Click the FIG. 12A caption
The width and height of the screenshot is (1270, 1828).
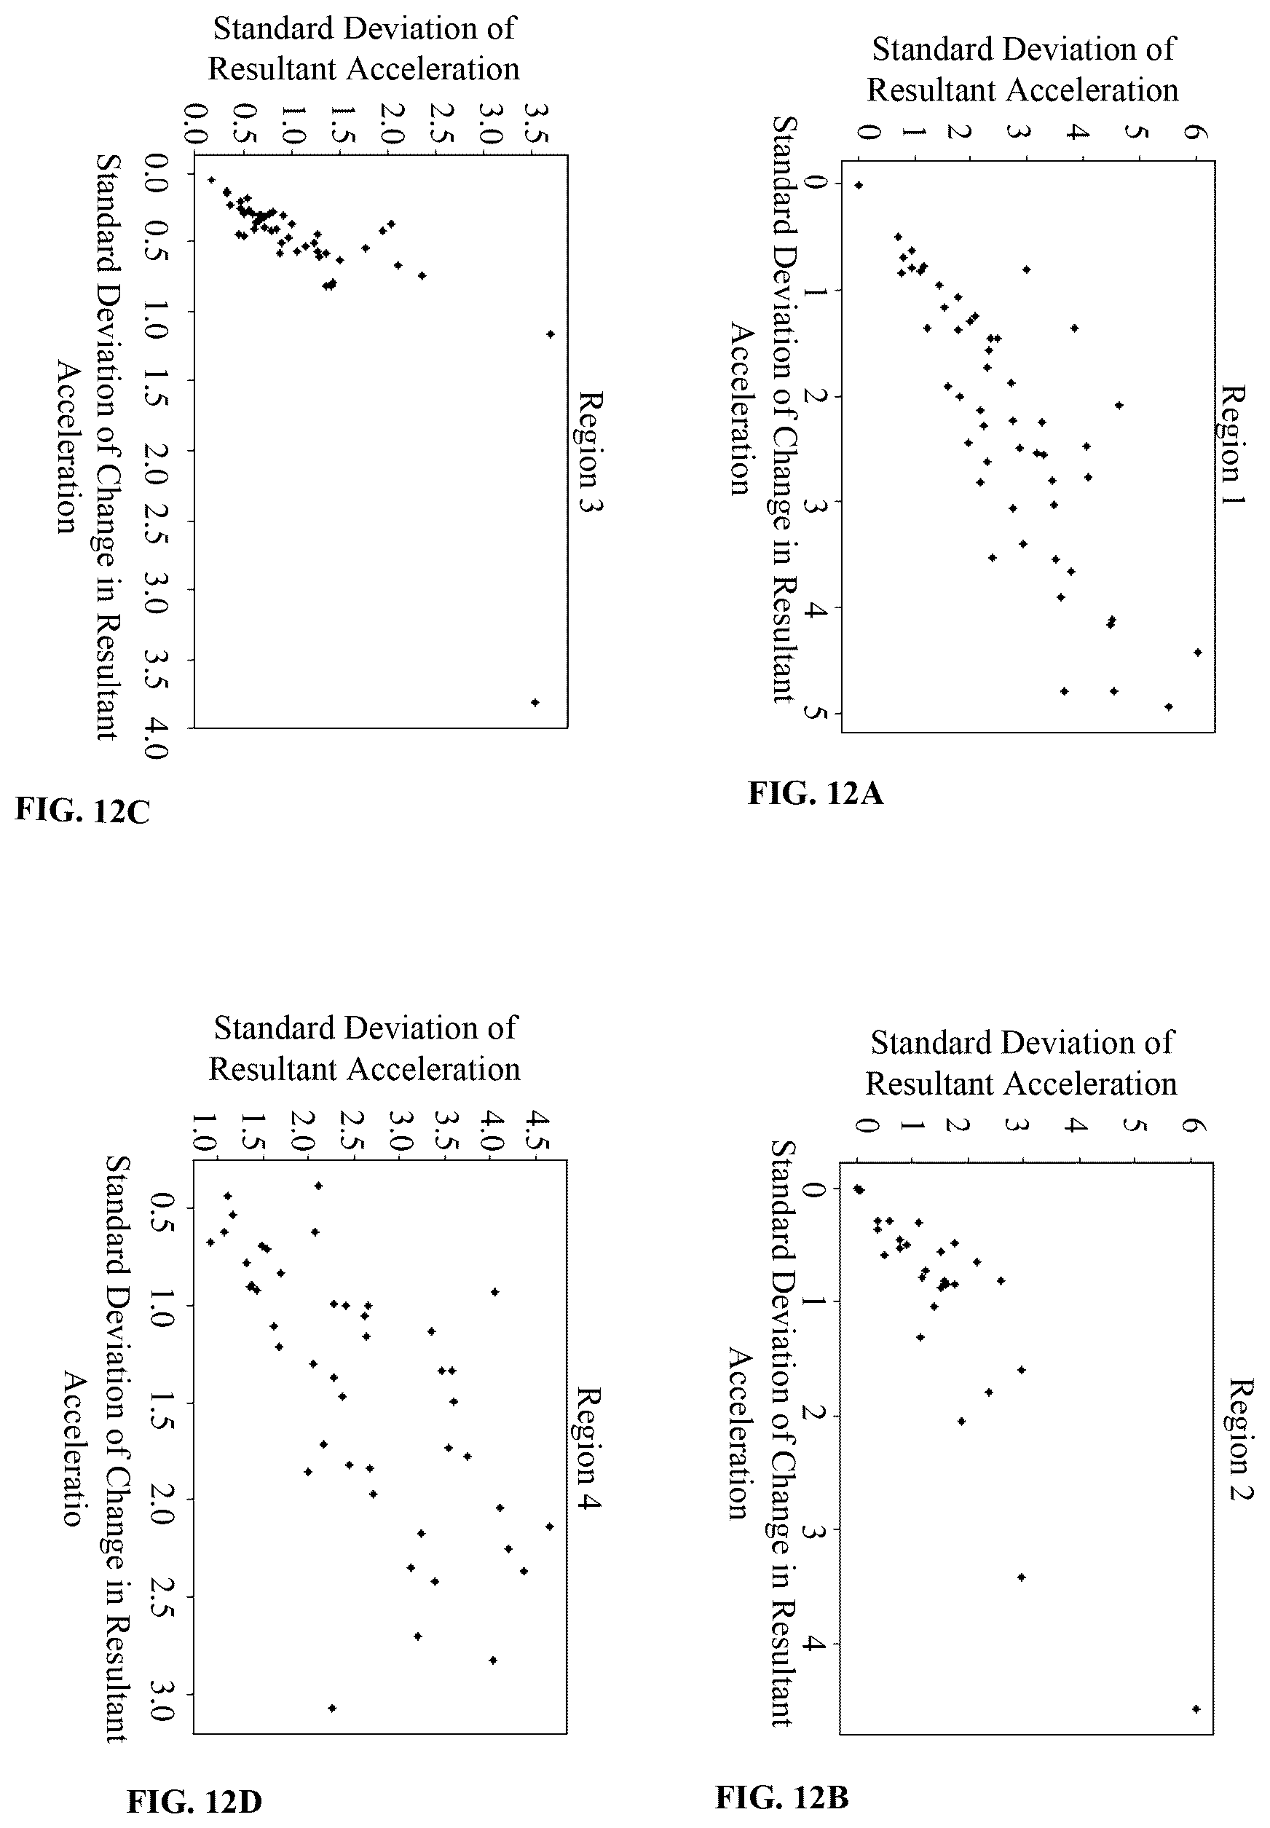click(816, 793)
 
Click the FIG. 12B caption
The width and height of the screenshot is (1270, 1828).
click(782, 1775)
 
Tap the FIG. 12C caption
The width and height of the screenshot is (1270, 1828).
click(83, 810)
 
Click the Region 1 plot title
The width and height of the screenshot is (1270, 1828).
click(1234, 444)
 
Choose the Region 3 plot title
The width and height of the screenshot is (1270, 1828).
click(590, 452)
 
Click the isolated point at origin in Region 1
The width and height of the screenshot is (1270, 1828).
click(859, 186)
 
